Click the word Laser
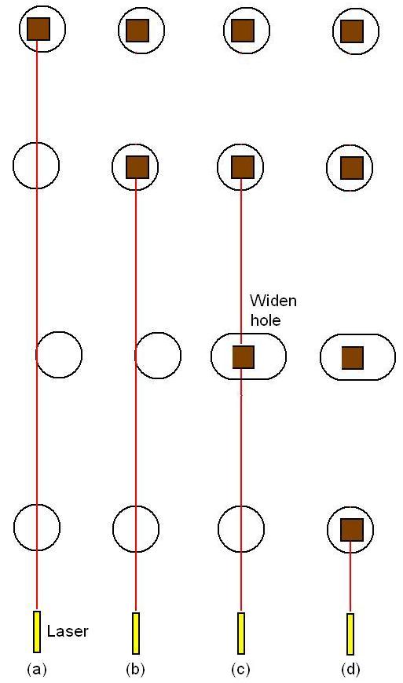68,631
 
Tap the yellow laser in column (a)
37,632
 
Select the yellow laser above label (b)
136,633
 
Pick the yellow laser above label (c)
241,633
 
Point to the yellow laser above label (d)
350,634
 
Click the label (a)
37,669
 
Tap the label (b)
135,669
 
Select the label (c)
240,669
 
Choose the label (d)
350,669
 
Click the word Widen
273,301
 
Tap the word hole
266,320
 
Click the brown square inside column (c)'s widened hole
243,356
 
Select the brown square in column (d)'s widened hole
353,358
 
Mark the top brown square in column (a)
38,29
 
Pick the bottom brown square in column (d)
352,530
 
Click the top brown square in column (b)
137,31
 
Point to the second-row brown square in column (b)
137,167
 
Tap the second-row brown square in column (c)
242,167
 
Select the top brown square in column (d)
352,31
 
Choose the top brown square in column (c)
242,31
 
